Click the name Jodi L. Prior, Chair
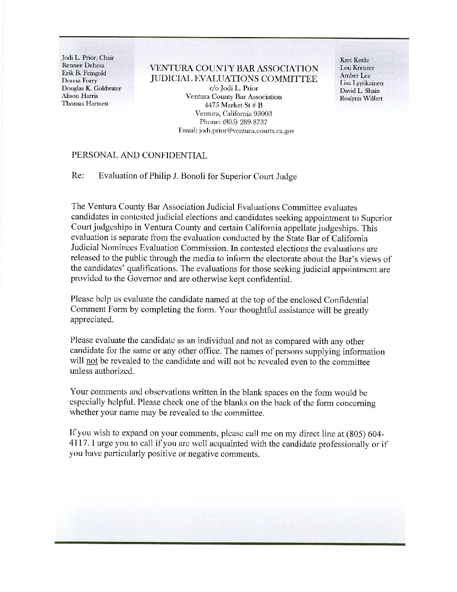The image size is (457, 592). coord(88,58)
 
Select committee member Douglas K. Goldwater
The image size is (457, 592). coord(92,88)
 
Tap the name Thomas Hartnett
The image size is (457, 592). coord(85,103)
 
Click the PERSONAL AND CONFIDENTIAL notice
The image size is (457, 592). coord(139,156)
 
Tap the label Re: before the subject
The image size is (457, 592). coord(79,176)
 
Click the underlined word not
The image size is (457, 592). coord(92,362)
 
